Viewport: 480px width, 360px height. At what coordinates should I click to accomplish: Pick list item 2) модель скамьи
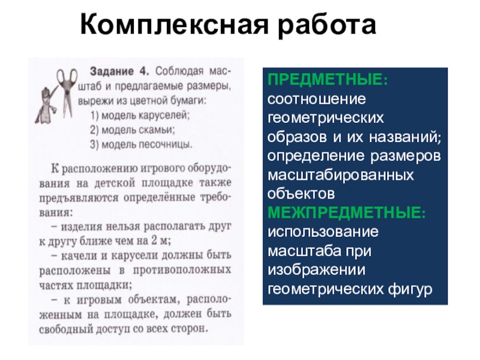click(133, 130)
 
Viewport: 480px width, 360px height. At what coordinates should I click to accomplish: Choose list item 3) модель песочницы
click(142, 144)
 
